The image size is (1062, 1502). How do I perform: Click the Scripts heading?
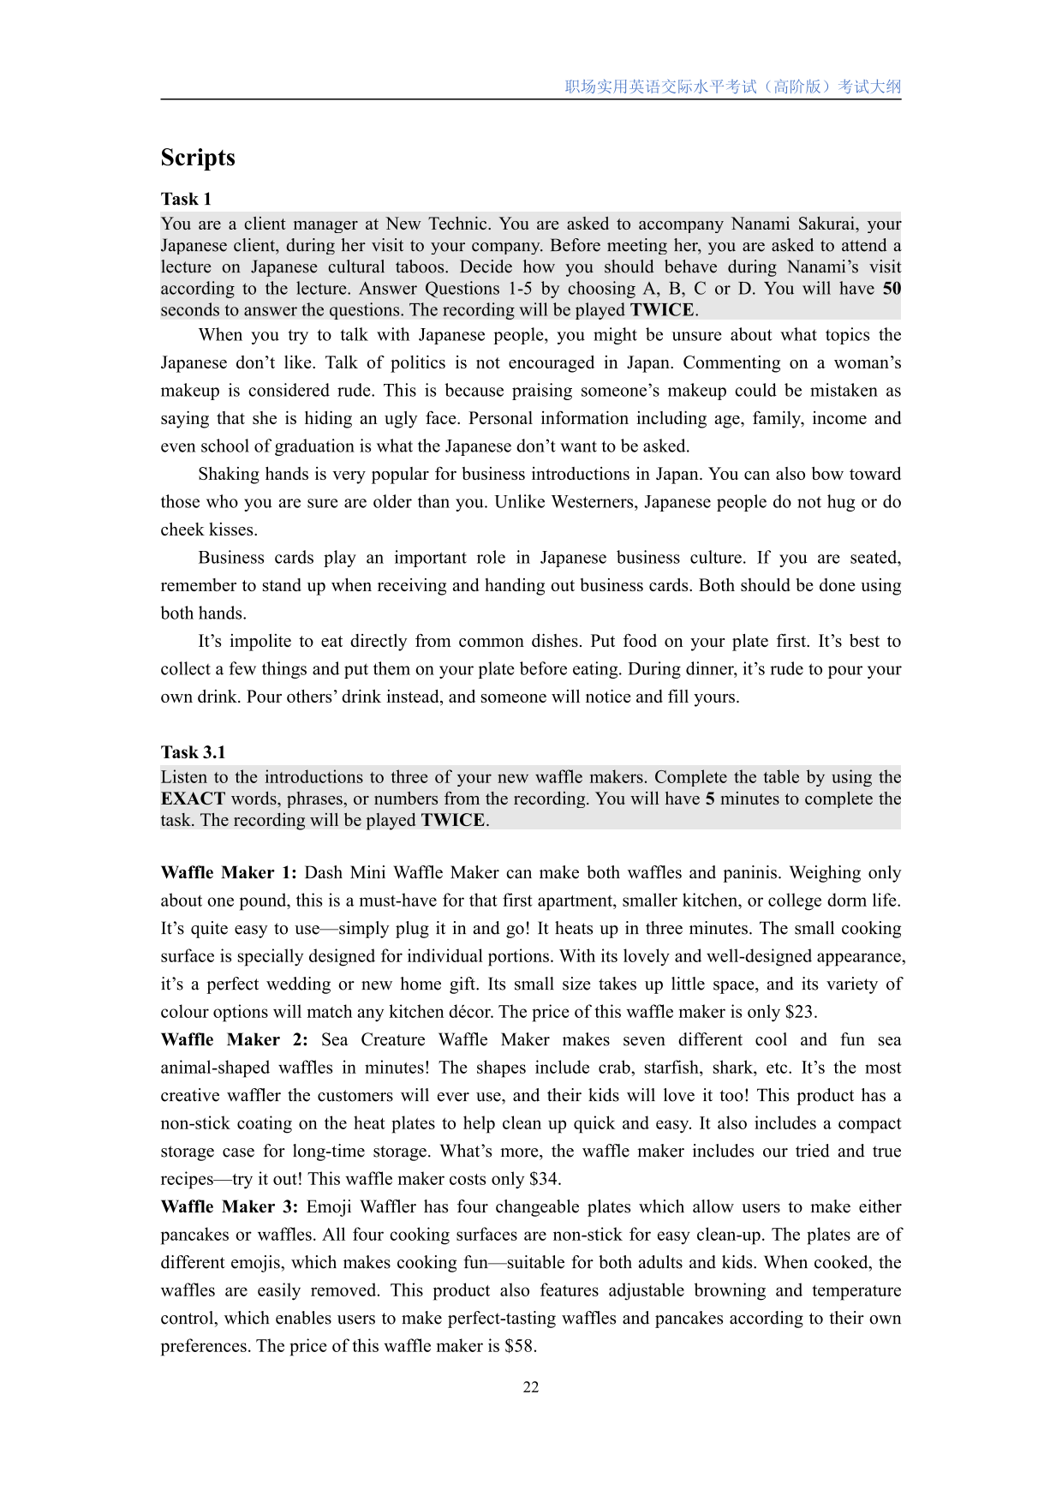[x=198, y=158]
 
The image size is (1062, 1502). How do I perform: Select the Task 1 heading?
[x=186, y=200]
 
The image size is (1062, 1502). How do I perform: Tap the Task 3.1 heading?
[x=193, y=752]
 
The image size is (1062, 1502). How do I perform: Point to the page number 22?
[x=531, y=1387]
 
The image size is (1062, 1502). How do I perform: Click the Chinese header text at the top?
[x=732, y=87]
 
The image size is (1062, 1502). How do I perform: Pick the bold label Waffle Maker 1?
[x=229, y=873]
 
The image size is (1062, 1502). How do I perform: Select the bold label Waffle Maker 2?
[x=234, y=1040]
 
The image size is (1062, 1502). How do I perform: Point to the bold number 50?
[x=892, y=289]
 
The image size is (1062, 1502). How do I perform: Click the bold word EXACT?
[x=193, y=799]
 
